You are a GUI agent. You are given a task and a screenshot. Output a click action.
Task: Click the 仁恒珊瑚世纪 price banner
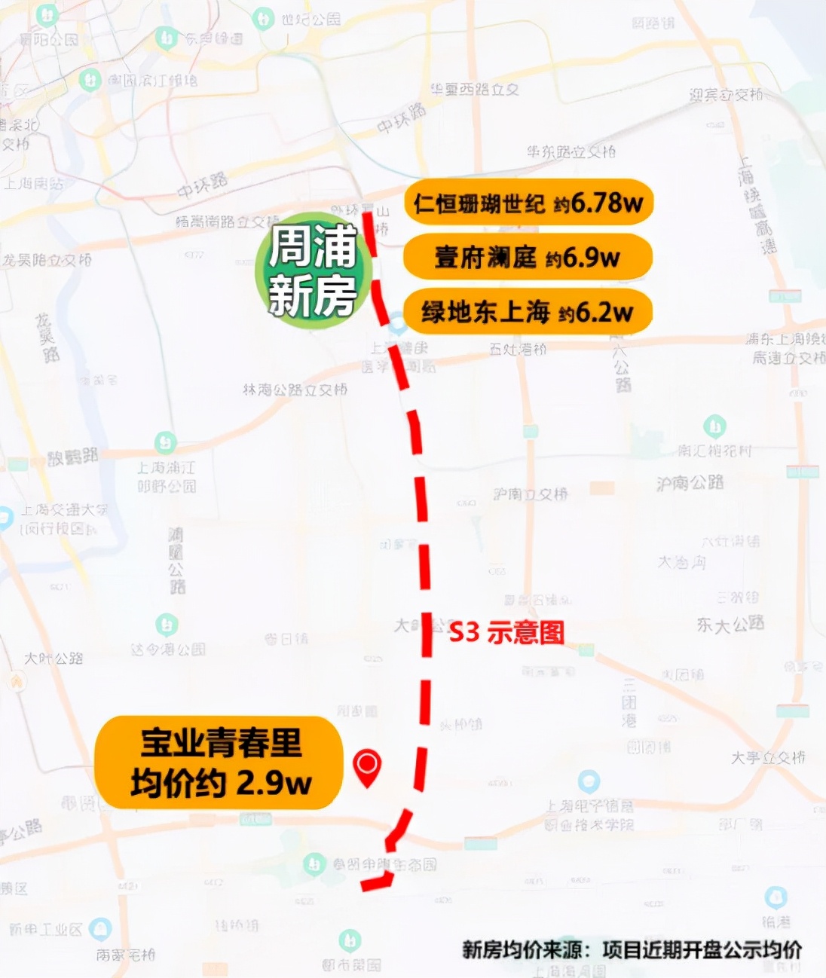point(528,202)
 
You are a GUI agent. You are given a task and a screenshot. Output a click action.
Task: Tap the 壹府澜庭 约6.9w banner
point(528,257)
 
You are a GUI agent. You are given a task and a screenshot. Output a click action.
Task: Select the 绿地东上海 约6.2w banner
point(528,311)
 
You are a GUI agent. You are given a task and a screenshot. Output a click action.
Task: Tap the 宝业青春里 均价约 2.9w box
point(219,763)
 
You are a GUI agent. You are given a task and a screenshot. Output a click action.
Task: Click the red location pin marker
point(367,767)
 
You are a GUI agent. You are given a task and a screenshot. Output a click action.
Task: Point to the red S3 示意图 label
point(506,632)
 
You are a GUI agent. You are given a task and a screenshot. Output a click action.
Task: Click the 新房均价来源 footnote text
point(632,949)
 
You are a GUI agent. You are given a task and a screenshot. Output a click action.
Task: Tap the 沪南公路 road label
point(690,482)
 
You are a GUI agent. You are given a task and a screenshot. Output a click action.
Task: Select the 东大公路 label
point(730,624)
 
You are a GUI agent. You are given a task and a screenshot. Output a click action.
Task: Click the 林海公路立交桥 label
point(295,390)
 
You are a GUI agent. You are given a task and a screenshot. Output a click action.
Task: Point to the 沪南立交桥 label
point(531,494)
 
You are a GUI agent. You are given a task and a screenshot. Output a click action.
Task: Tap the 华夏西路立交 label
point(475,90)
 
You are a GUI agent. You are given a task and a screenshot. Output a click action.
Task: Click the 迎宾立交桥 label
point(726,95)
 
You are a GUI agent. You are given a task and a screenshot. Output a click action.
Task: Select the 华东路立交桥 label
point(571,152)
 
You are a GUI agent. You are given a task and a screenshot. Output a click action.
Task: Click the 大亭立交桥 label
point(768,757)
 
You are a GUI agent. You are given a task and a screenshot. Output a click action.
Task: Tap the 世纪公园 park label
point(311,19)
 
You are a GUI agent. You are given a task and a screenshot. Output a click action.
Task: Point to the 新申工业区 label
point(45,929)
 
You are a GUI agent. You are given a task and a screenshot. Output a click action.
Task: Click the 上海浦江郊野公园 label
point(166,477)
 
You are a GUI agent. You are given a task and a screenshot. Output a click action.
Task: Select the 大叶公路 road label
point(54,658)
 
